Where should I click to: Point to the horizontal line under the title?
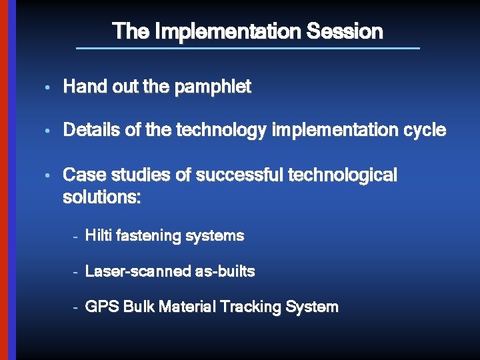click(248, 48)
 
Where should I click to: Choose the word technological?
click(342, 175)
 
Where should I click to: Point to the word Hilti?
click(99, 236)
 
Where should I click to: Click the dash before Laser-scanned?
click(77, 272)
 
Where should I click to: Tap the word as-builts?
click(225, 271)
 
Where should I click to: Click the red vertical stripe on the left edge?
click(3, 180)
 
